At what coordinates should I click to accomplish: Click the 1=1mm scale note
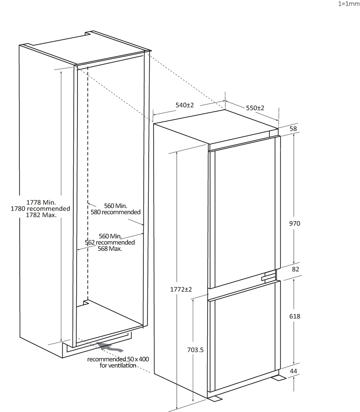[349, 4]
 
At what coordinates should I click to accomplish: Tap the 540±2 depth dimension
[185, 105]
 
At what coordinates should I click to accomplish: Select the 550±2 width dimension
[255, 108]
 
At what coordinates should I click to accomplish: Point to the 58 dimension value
[293, 129]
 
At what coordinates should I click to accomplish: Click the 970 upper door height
[295, 223]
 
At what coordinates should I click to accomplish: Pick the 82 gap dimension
[296, 269]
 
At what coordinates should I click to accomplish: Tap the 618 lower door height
[295, 316]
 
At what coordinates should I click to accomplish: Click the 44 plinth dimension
[294, 371]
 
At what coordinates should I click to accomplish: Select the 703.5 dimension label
[195, 350]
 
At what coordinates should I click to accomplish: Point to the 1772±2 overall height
[181, 289]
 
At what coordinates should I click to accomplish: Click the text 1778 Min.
[41, 202]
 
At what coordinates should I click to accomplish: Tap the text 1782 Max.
[41, 215]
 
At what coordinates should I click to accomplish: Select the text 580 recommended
[116, 212]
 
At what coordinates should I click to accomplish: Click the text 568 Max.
[110, 248]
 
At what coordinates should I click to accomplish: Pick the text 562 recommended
[110, 242]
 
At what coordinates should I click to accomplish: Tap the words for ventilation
[118, 365]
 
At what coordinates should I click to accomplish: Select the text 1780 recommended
[40, 208]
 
